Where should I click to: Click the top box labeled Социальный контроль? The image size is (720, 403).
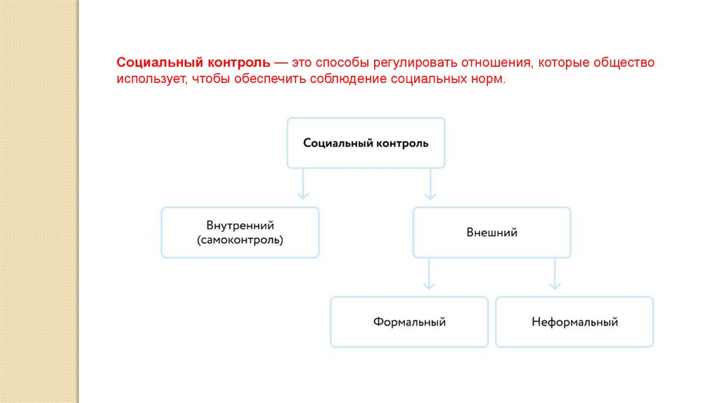[366, 143]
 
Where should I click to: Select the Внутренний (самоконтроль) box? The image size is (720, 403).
[240, 232]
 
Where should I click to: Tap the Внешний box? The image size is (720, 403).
[491, 232]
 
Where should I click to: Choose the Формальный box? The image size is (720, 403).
[409, 322]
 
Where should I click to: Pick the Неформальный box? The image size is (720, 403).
[574, 322]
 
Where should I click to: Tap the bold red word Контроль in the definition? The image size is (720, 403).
[237, 63]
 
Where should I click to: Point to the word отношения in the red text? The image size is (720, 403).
[495, 63]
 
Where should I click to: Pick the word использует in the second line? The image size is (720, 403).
[151, 79]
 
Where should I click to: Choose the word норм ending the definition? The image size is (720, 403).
[490, 79]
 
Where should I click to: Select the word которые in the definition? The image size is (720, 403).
[562, 63]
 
